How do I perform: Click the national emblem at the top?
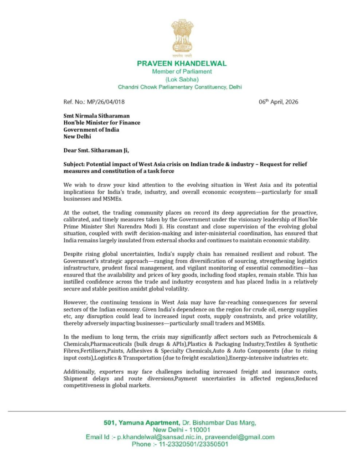click(x=182, y=37)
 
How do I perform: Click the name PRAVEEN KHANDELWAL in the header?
click(x=181, y=63)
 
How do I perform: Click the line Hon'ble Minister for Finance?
click(x=102, y=123)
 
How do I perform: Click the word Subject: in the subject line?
click(x=75, y=163)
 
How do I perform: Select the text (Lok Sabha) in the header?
click(x=181, y=79)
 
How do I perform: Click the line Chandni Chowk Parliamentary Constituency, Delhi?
click(x=180, y=87)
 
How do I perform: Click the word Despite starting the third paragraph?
click(x=74, y=254)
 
